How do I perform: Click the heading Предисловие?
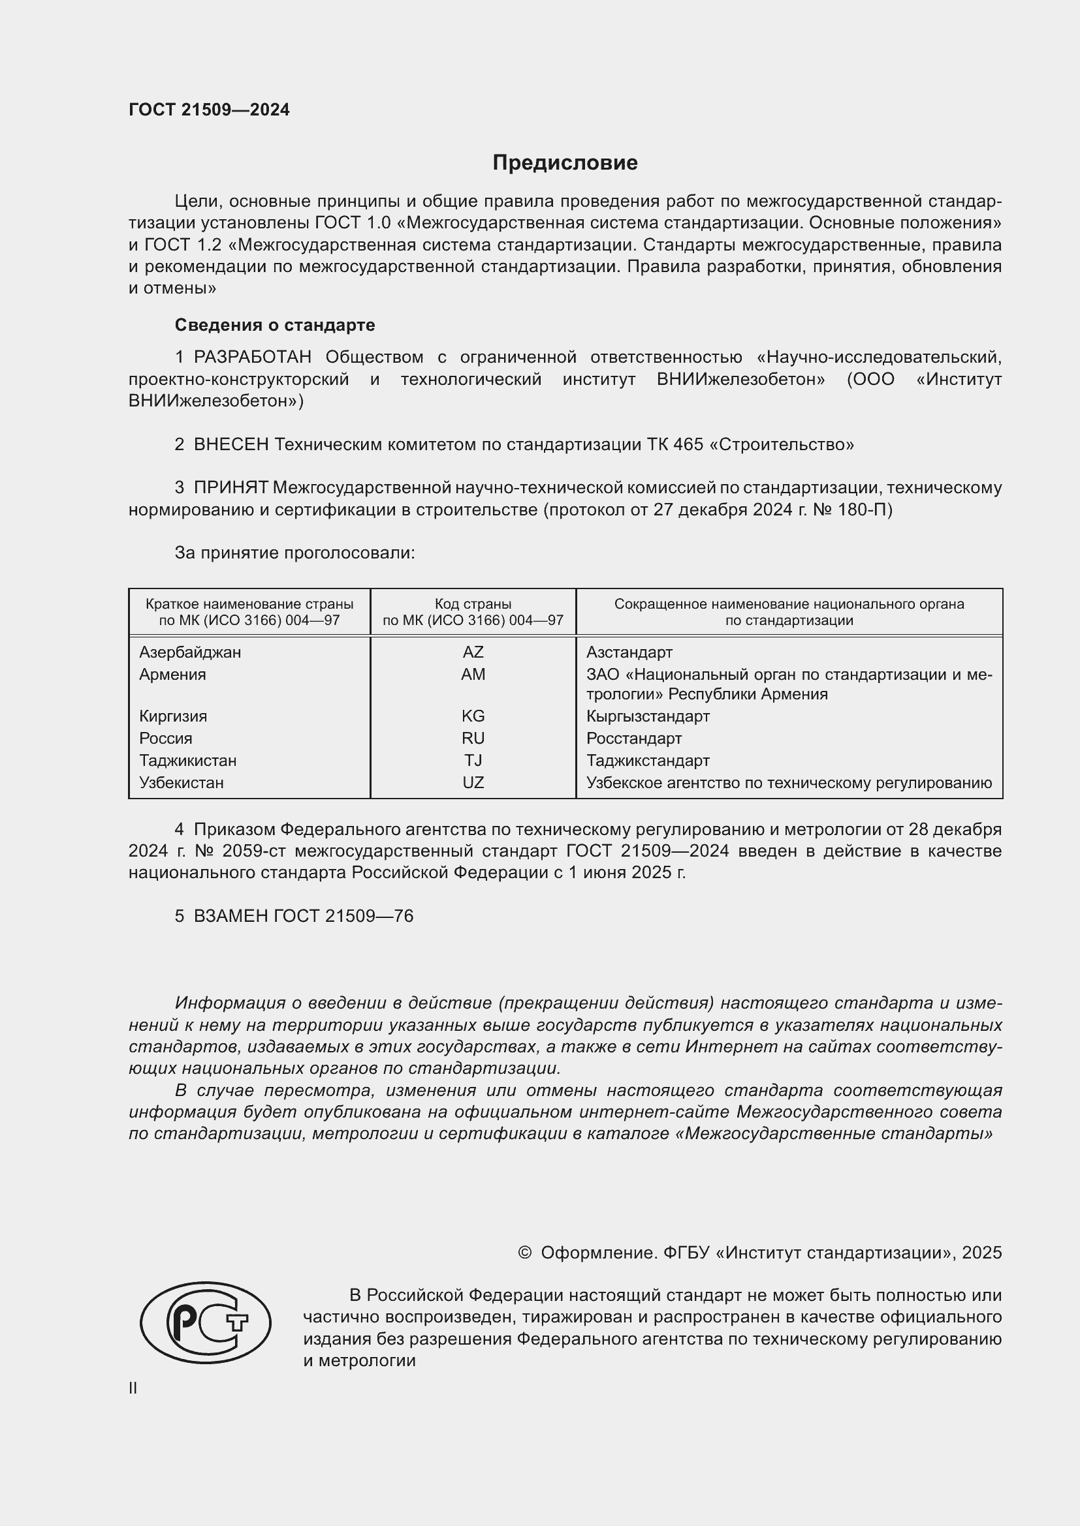565,163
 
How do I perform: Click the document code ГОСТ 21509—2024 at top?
209,110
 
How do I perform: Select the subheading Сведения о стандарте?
274,325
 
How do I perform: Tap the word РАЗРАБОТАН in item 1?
252,358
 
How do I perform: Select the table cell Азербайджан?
189,652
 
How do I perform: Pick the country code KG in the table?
473,716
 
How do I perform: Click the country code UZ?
473,782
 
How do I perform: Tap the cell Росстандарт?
633,739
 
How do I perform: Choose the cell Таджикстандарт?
648,760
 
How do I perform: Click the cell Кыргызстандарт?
648,716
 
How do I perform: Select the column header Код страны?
473,604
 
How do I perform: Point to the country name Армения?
172,674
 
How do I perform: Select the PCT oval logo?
205,1322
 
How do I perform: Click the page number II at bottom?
133,1388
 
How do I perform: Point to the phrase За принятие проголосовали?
294,553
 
